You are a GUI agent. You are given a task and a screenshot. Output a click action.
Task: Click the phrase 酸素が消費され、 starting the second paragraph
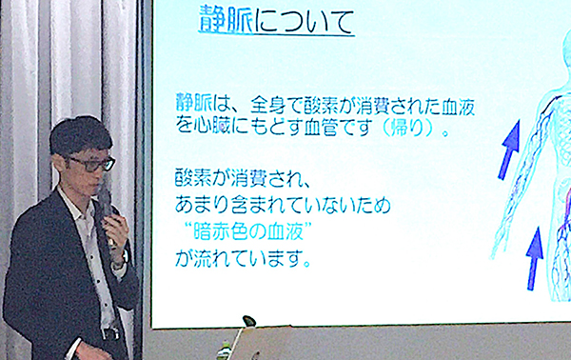pos(245,178)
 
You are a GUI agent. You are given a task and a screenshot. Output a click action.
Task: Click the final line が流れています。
pos(243,257)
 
